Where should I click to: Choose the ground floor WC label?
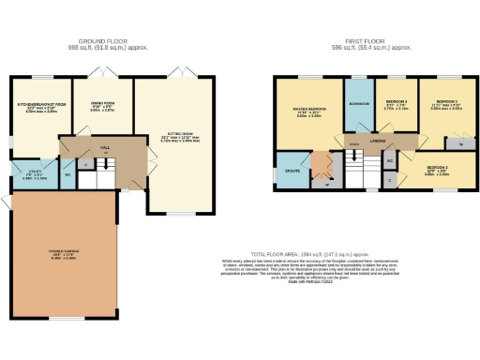[x=68, y=173]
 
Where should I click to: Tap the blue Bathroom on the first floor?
[x=358, y=102]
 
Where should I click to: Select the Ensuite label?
[x=292, y=172]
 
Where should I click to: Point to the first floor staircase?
[x=355, y=168]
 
